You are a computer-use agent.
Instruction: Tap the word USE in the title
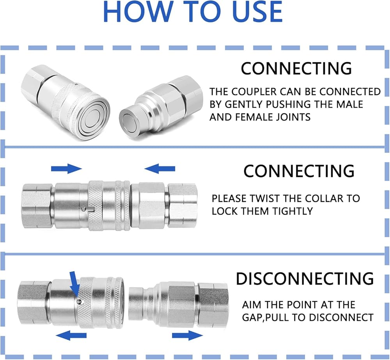click(253, 12)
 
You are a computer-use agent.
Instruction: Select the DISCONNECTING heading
click(305, 279)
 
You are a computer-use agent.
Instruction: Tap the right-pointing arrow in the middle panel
click(66, 169)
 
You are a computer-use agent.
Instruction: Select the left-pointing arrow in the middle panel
click(160, 169)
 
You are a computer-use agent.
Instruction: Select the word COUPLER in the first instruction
click(255, 92)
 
